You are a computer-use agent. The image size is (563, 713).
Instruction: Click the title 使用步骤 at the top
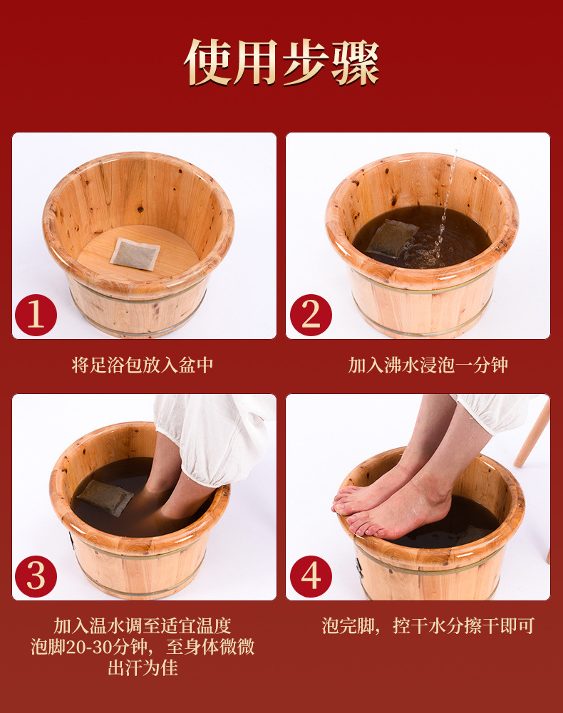281,62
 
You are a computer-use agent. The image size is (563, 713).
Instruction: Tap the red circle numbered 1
36,315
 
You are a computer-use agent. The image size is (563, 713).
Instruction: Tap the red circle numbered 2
311,315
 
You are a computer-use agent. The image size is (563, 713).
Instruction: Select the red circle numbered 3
36,576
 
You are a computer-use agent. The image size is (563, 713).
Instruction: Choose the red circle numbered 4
311,576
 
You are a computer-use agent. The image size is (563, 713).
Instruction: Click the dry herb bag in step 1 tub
135,254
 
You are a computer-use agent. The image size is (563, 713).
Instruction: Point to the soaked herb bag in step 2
391,237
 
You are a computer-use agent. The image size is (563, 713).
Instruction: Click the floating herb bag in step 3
105,498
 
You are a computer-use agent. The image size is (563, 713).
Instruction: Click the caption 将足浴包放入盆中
143,365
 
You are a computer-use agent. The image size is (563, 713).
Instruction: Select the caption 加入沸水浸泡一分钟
428,365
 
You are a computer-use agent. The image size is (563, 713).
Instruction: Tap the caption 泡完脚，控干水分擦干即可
428,626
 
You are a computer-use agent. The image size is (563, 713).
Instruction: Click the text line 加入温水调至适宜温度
143,626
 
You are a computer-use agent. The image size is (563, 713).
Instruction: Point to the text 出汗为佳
143,668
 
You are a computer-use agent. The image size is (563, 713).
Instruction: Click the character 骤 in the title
356,62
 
